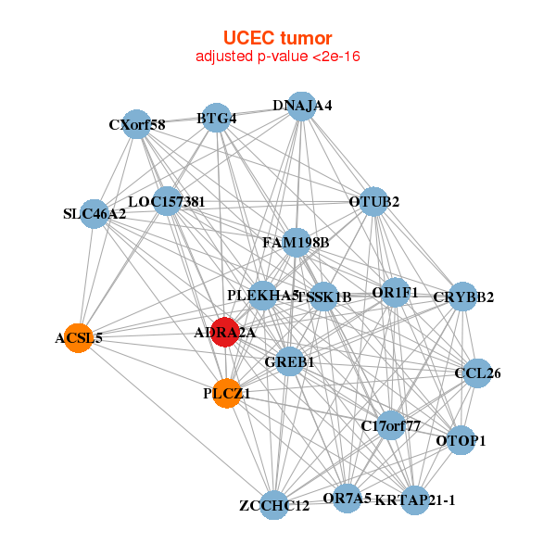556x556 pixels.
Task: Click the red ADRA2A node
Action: coord(225,331)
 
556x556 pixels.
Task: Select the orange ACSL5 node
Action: coord(84,337)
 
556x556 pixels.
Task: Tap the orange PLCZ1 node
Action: coord(227,393)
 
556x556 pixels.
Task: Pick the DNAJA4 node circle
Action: coord(301,106)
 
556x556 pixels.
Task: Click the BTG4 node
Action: coord(216,118)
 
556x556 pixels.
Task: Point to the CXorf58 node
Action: coord(137,124)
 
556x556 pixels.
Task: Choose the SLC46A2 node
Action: coord(94,214)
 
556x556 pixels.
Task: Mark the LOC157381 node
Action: coord(167,200)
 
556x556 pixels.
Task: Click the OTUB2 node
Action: coord(373,201)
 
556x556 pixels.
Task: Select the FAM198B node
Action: coord(296,243)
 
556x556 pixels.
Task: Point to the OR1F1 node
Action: coord(396,292)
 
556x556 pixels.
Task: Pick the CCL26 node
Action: coord(478,373)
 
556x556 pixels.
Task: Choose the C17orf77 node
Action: coord(391,426)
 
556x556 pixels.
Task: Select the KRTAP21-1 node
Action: coord(415,500)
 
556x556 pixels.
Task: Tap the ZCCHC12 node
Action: coord(273,505)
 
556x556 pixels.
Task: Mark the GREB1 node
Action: coord(290,361)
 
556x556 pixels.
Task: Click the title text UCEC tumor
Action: coord(277,38)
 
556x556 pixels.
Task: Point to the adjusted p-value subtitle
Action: coord(277,57)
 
